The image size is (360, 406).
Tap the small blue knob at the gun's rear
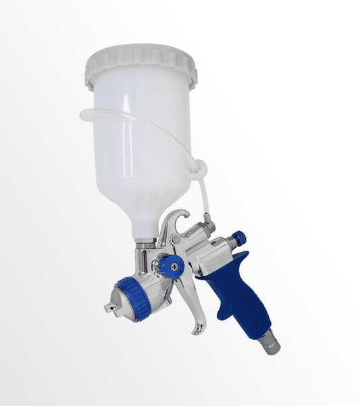click(238, 238)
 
